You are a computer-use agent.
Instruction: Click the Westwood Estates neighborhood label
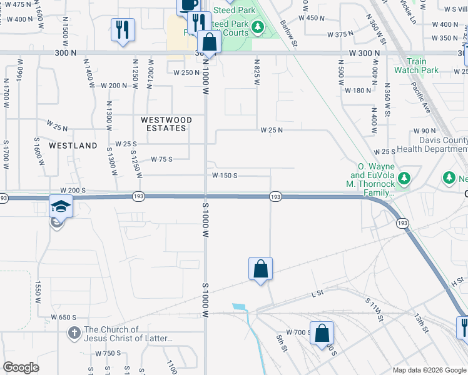(x=163, y=124)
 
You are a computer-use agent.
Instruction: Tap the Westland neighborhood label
(x=73, y=146)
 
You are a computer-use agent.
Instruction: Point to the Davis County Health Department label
(x=429, y=145)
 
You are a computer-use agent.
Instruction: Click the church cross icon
(x=74, y=334)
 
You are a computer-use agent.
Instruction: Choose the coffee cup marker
(x=188, y=5)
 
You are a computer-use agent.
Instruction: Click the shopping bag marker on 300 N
(x=210, y=43)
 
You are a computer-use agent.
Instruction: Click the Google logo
(x=21, y=367)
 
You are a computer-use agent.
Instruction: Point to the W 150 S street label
(x=225, y=176)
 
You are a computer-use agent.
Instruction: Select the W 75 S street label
(x=161, y=159)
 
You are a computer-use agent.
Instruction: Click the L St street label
(x=317, y=293)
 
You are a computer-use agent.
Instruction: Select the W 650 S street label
(x=64, y=317)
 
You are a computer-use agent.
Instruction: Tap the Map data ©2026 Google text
(x=428, y=370)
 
